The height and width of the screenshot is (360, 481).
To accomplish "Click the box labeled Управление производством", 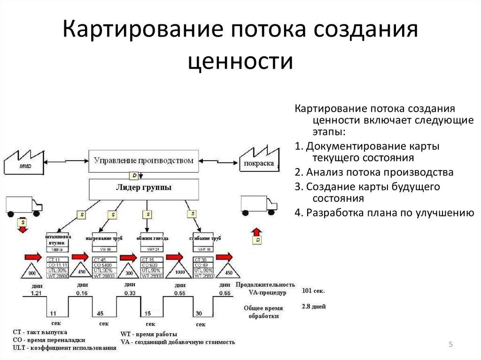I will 143,161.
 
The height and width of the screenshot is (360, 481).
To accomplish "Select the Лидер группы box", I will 143,189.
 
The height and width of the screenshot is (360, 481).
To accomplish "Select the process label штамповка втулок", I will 58,239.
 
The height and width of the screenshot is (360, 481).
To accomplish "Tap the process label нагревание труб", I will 104,239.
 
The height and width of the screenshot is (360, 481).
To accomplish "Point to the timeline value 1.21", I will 37,293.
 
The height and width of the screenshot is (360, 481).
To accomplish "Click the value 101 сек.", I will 313,291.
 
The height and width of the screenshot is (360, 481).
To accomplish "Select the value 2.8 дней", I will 313,306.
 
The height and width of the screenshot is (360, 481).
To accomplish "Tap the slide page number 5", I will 450,345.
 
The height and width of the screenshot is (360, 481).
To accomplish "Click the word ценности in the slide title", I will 240,61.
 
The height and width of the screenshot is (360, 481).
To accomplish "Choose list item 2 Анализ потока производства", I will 374,172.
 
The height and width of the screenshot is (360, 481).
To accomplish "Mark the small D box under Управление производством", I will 135,175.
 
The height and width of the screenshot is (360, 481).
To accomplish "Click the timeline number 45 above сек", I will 100,314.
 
